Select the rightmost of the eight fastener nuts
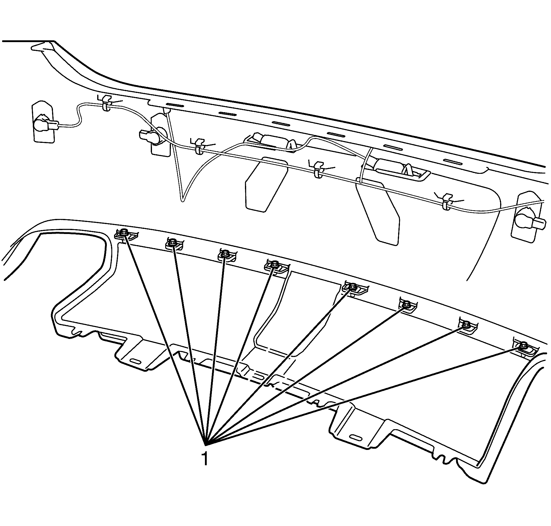click(x=523, y=345)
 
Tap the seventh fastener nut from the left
click(x=466, y=324)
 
